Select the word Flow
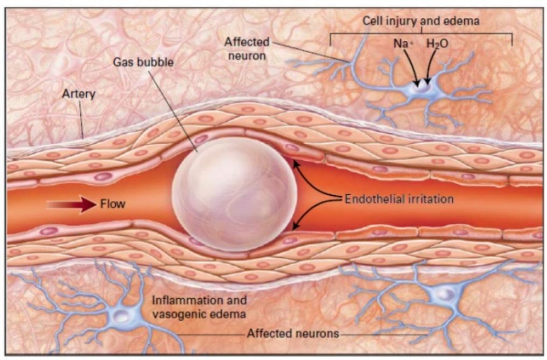point(113,204)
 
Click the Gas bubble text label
point(143,62)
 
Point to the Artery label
point(79,94)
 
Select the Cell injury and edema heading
point(420,21)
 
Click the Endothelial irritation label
point(399,199)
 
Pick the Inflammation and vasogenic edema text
point(199,306)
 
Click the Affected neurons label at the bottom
point(293,334)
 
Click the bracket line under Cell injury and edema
point(420,33)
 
